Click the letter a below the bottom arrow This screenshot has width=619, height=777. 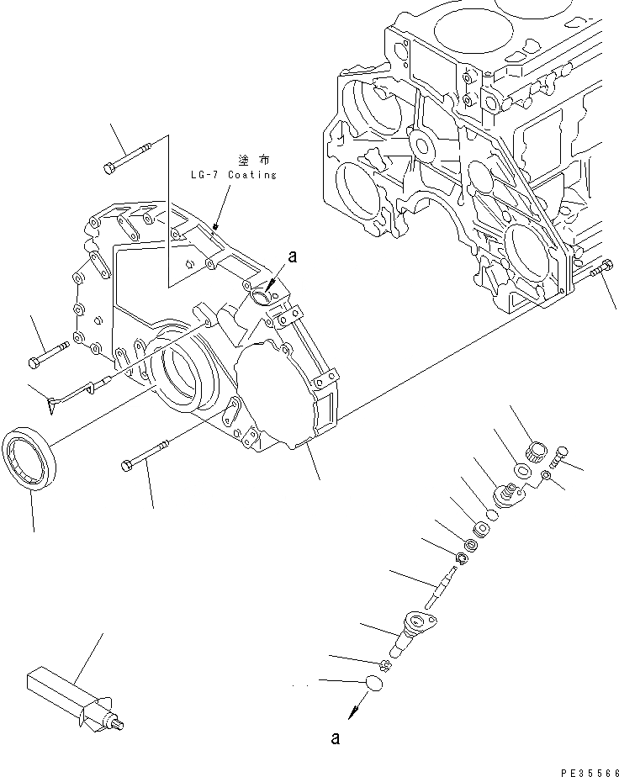point(336,739)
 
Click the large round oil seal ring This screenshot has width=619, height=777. point(32,458)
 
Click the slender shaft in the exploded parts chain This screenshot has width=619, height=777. point(443,585)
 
